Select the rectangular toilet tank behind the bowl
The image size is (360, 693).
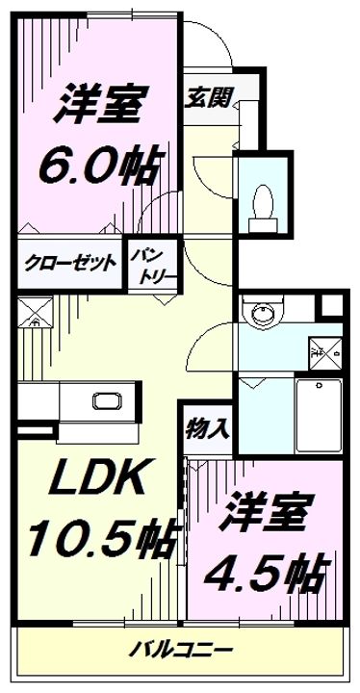pyautogui.click(x=262, y=222)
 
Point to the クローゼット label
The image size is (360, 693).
pyautogui.click(x=71, y=263)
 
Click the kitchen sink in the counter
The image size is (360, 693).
pyautogui.click(x=103, y=401)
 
